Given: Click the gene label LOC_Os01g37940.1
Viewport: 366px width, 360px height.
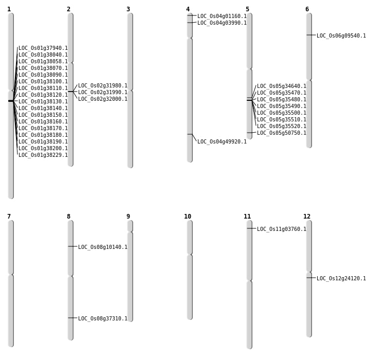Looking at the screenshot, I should (x=43, y=48).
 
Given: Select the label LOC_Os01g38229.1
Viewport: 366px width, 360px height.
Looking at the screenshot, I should (x=43, y=155).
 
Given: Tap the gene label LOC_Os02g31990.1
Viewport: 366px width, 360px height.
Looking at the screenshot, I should (x=103, y=93).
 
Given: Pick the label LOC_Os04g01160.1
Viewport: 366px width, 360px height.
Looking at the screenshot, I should (x=222, y=16).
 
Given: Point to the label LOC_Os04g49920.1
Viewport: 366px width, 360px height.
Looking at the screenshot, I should (x=222, y=142).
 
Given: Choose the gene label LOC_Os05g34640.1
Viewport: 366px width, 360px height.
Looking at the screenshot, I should (x=282, y=86).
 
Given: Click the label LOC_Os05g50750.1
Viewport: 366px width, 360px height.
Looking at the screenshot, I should (x=282, y=133).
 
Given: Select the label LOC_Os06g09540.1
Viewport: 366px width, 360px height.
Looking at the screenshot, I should (x=341, y=36).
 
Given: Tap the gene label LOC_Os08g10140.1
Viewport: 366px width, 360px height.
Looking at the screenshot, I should (x=103, y=247).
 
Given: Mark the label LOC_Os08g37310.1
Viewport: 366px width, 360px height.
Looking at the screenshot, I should (x=103, y=319).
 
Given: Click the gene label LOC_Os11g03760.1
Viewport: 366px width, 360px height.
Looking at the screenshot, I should (x=282, y=229).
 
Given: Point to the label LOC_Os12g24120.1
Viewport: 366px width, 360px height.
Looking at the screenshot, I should (x=341, y=279).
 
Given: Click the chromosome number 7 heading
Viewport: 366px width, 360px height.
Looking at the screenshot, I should (x=9, y=217).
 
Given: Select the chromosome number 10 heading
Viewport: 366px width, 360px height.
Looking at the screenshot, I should (x=188, y=217).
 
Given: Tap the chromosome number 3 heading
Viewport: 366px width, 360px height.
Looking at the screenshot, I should (x=128, y=9).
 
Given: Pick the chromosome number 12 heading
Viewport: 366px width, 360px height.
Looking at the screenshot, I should (x=307, y=217).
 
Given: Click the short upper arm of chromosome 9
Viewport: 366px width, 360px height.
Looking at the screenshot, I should (x=130, y=226).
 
